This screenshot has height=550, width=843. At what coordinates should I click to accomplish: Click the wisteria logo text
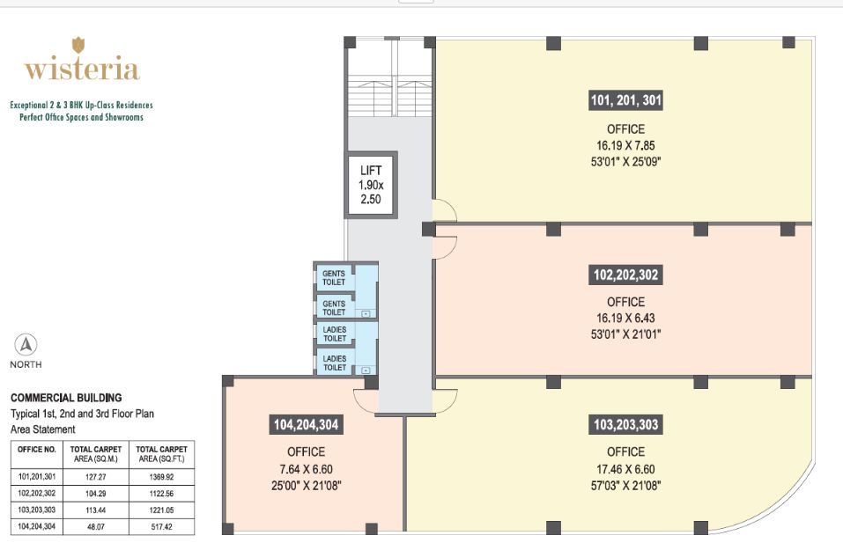pyautogui.click(x=82, y=69)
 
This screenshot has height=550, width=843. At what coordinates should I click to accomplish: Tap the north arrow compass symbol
pyautogui.click(x=26, y=344)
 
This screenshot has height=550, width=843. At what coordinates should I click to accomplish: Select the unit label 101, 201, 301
pyautogui.click(x=625, y=100)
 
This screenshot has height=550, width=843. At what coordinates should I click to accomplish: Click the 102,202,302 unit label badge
pyautogui.click(x=625, y=275)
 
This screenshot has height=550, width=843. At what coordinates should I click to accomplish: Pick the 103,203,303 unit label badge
pyautogui.click(x=625, y=425)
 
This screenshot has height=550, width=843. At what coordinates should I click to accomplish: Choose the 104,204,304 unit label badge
pyautogui.click(x=306, y=425)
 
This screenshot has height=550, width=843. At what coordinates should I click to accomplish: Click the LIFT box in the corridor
pyautogui.click(x=371, y=185)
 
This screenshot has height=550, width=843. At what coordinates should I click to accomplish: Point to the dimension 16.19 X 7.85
pyautogui.click(x=625, y=145)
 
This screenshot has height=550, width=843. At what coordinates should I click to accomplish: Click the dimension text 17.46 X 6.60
pyautogui.click(x=625, y=469)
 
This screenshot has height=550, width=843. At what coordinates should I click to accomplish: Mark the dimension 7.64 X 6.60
pyautogui.click(x=306, y=469)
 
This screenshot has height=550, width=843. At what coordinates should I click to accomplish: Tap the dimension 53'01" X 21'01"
pyautogui.click(x=625, y=334)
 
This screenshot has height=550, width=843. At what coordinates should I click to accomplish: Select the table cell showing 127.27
pyautogui.click(x=96, y=477)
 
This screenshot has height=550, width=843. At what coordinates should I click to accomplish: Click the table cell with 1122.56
pyautogui.click(x=161, y=494)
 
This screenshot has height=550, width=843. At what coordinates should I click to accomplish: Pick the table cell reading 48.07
pyautogui.click(x=96, y=527)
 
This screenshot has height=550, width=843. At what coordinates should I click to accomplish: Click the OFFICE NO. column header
pyautogui.click(x=37, y=450)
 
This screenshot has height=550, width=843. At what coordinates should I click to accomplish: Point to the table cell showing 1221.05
pyautogui.click(x=161, y=510)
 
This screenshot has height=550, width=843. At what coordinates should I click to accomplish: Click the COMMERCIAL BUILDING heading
pyautogui.click(x=66, y=398)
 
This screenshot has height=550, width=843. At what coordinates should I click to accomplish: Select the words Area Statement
pyautogui.click(x=43, y=429)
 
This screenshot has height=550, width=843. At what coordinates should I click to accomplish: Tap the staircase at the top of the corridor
pyautogui.click(x=390, y=96)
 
